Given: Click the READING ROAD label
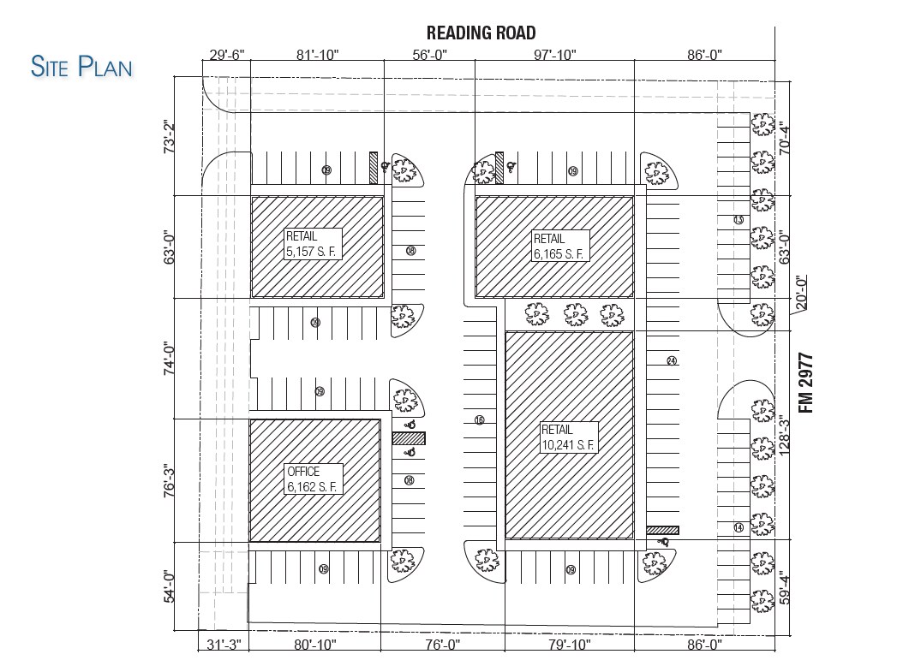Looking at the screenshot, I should [x=481, y=33].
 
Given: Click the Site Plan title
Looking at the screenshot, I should [x=81, y=66].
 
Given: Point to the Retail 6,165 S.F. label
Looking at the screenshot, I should [x=559, y=246].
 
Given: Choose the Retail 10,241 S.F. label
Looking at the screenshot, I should [x=568, y=437].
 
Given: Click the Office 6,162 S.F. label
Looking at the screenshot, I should [x=314, y=479].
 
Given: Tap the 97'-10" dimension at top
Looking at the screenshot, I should [x=554, y=55].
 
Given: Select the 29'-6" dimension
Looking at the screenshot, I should [x=227, y=55].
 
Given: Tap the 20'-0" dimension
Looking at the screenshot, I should [x=801, y=292].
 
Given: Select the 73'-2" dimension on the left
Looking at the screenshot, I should [x=169, y=137].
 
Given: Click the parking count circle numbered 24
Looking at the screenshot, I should [x=671, y=360].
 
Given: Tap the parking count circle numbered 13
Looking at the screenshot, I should [x=739, y=220].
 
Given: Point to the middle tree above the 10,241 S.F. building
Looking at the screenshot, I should [x=575, y=315].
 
